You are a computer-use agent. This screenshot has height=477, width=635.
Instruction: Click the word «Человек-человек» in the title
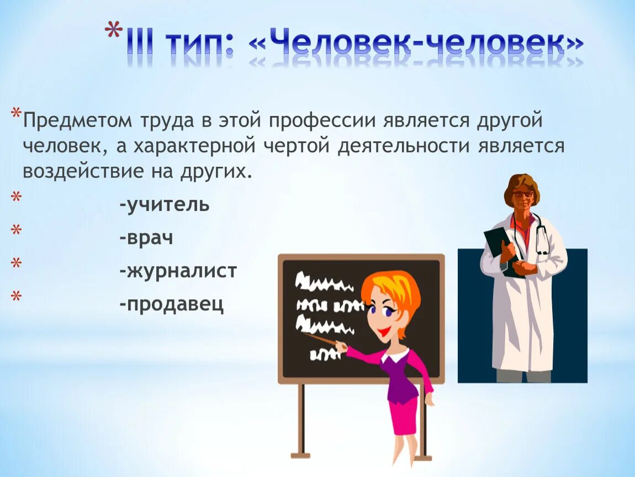[417, 44]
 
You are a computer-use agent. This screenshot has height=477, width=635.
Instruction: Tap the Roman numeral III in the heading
[140, 44]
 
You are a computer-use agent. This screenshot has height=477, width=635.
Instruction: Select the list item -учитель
[164, 204]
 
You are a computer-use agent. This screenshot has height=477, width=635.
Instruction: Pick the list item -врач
[146, 238]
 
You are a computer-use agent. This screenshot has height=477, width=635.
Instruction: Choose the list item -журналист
[178, 271]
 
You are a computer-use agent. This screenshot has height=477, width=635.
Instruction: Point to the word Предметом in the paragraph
[77, 121]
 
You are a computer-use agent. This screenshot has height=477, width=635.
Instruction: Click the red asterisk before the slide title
[114, 31]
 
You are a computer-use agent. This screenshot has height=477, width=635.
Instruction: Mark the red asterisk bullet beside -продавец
[16, 296]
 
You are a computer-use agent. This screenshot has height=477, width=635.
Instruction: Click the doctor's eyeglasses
[522, 194]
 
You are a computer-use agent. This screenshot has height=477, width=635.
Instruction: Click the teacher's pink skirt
[403, 414]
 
